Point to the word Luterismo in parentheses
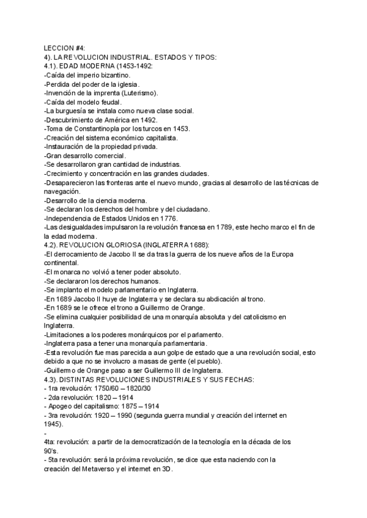(x=139, y=93)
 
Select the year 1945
(x=53, y=424)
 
